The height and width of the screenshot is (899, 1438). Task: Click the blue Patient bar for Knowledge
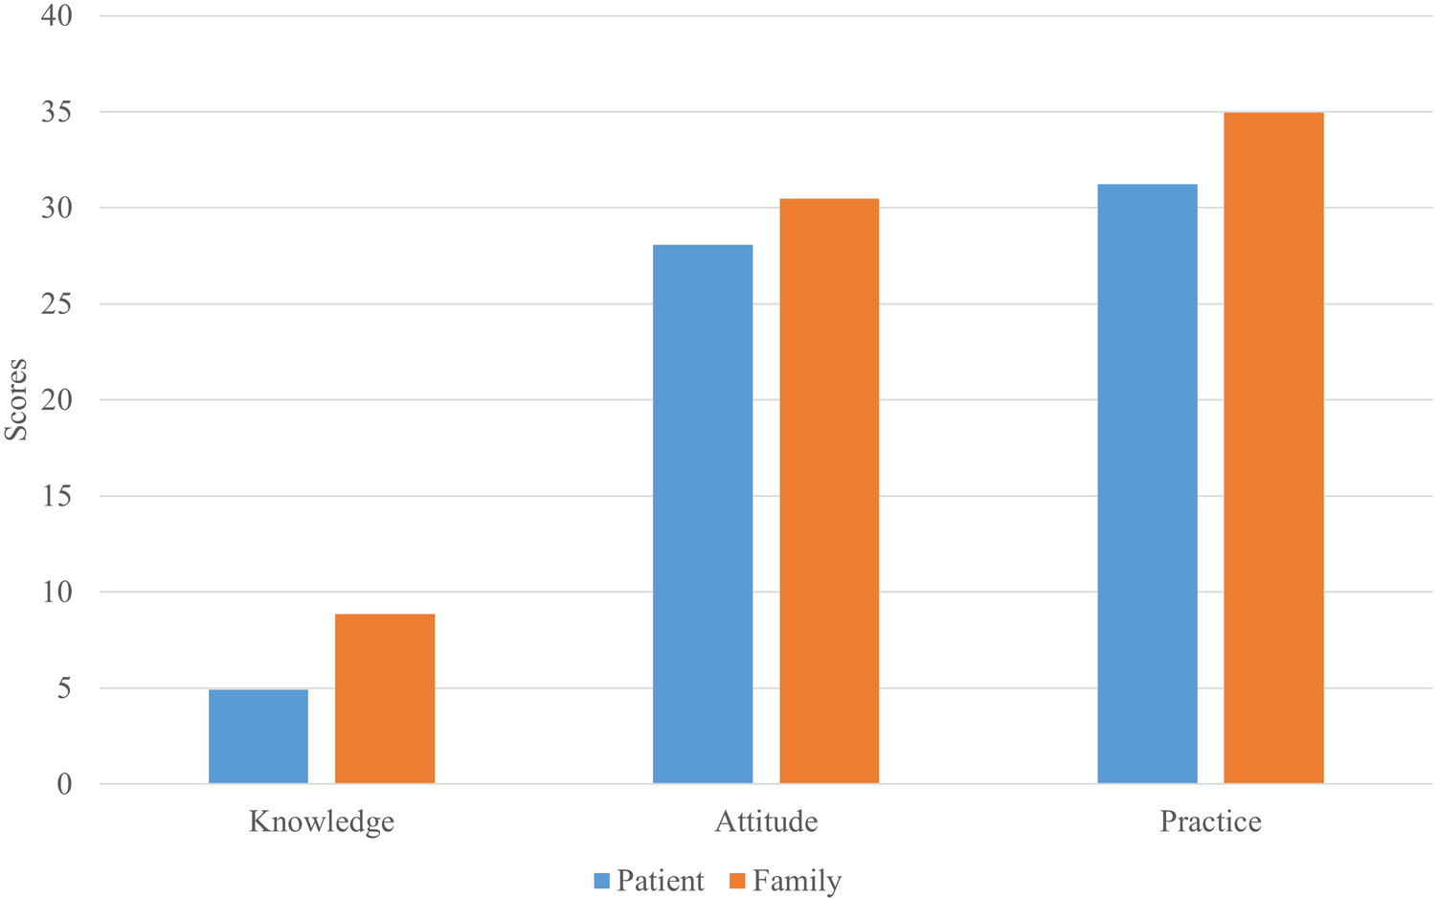pos(258,736)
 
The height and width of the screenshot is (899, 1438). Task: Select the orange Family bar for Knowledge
pos(385,699)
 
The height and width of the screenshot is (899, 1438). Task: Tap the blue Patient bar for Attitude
pos(703,514)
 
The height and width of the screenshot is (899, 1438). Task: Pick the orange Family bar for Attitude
pos(829,491)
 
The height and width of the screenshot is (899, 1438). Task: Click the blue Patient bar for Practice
pos(1147,483)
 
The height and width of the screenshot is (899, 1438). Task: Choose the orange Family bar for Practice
pos(1273,448)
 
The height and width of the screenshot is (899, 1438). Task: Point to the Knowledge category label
pos(322,822)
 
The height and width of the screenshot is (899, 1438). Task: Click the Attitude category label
pos(766,822)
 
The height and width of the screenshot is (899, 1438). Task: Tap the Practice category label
pos(1210,822)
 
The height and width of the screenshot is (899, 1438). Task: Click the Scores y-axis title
pos(16,399)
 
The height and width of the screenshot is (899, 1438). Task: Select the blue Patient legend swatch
pos(602,881)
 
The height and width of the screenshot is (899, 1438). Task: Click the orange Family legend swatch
pos(737,881)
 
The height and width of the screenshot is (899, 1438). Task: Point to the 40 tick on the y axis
pos(56,16)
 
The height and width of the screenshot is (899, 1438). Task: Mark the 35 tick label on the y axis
pos(56,112)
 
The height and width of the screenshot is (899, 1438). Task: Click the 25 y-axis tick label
pos(56,304)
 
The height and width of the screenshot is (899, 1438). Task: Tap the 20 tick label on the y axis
pos(56,400)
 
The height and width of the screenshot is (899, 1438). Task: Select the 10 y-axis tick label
pos(56,593)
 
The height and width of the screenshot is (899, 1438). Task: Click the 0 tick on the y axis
pos(64,784)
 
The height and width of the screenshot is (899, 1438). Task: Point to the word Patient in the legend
pos(661,881)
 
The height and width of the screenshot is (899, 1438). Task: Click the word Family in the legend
pos(797,881)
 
